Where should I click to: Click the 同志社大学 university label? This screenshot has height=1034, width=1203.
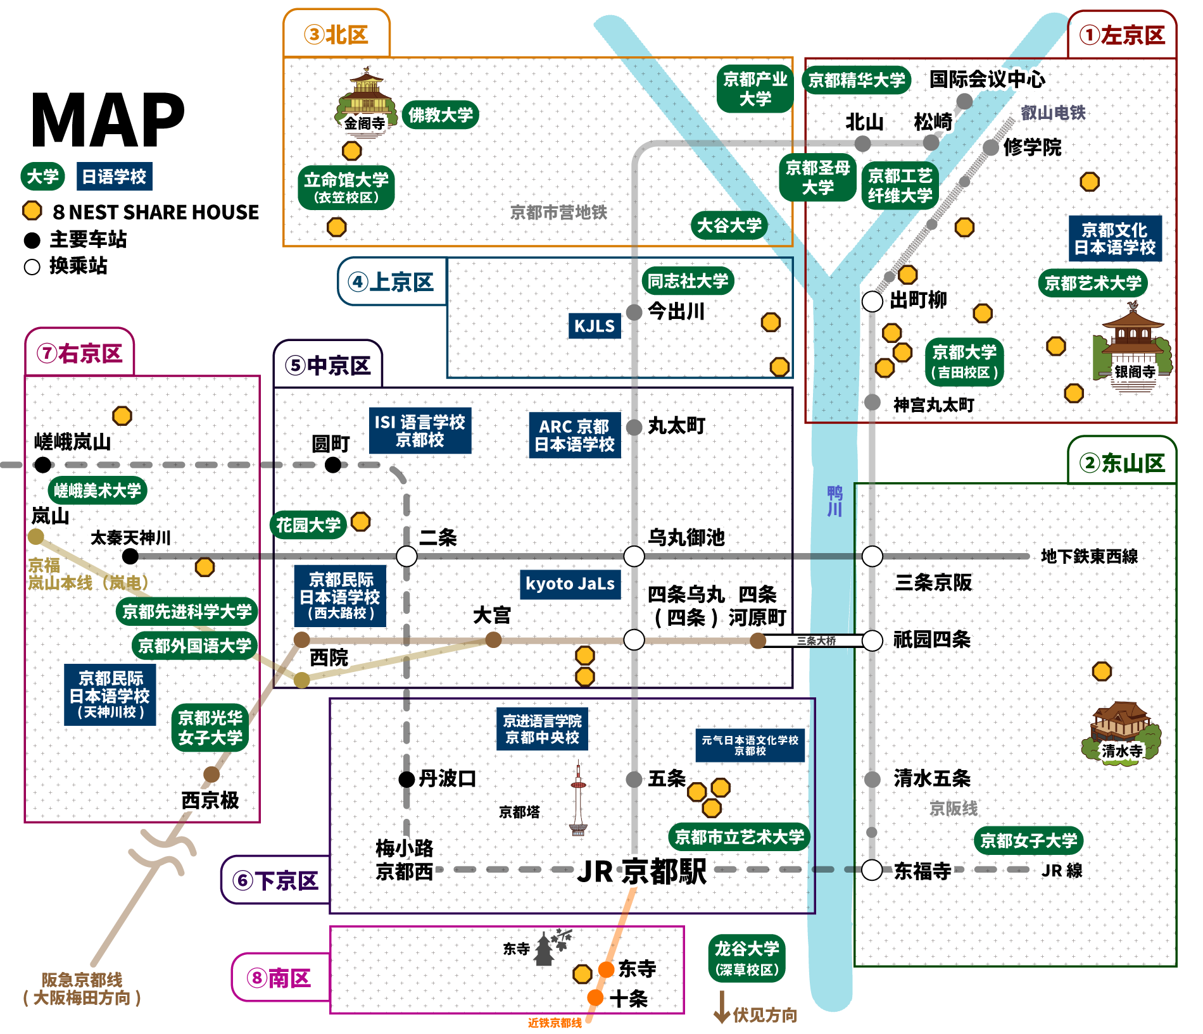pos(688,281)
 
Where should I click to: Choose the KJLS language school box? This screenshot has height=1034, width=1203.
pos(594,326)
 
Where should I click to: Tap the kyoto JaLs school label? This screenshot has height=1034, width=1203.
pos(570,583)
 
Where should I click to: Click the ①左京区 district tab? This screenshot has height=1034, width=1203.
pos(1122,35)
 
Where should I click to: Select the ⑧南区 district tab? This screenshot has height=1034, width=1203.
pos(280,978)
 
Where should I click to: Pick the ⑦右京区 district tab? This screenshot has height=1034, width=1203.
pos(80,353)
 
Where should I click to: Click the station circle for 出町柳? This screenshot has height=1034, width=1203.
pos(872,301)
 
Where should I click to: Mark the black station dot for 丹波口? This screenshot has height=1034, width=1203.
pos(406,779)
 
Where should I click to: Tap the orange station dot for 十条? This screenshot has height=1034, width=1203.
pos(595,997)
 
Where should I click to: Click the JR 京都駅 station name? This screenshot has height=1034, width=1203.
pos(641,871)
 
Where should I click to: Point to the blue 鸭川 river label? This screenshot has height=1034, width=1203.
pos(835,501)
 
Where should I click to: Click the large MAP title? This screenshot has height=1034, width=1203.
pos(108,120)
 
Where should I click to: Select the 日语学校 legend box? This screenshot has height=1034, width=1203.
pos(114,177)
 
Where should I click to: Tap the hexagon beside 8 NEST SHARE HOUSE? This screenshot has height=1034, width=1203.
pos(32,211)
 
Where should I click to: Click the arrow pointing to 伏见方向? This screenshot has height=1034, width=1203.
pos(721,1007)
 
